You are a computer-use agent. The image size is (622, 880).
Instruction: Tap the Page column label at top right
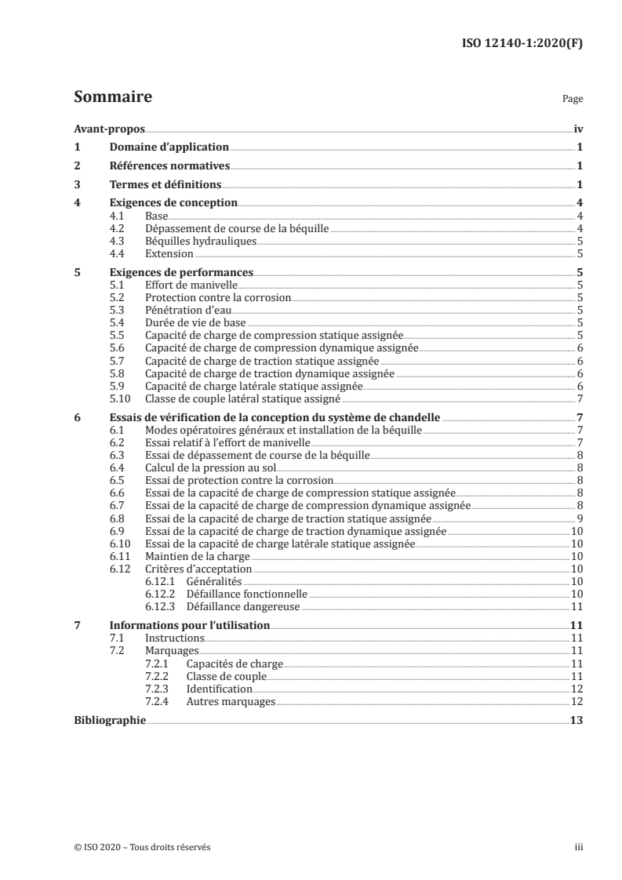click(x=573, y=100)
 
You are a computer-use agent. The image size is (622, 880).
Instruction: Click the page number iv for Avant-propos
click(x=577, y=128)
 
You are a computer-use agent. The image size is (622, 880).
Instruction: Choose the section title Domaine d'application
click(x=169, y=147)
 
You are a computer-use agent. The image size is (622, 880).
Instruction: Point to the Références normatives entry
click(x=169, y=165)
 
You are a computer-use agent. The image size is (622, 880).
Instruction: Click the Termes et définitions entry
click(x=165, y=185)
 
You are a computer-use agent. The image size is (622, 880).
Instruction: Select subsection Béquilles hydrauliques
click(x=201, y=242)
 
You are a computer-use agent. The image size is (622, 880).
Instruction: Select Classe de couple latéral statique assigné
click(x=242, y=398)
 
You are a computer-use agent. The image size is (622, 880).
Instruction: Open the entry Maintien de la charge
click(x=196, y=556)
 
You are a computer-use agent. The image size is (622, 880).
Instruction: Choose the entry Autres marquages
click(x=231, y=700)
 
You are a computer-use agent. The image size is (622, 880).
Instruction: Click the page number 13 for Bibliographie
click(x=577, y=720)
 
